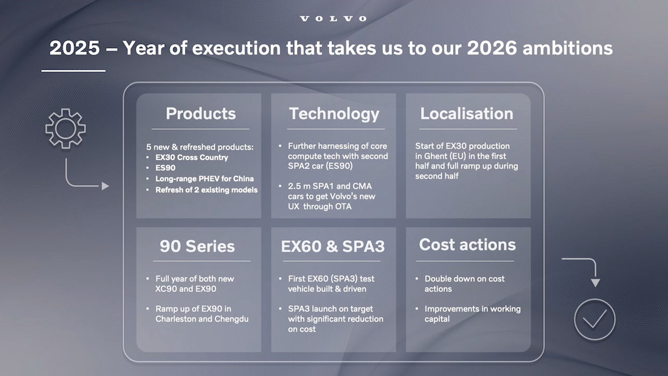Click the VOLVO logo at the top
[x=334, y=19]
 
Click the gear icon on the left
[x=65, y=128]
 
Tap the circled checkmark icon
[x=594, y=319]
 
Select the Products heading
[x=200, y=113]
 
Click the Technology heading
[x=334, y=113]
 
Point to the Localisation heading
[x=466, y=113]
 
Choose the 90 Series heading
[x=197, y=246]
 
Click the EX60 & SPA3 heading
[x=333, y=246]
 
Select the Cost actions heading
[x=467, y=244]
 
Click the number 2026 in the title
[x=492, y=48]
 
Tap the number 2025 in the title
[x=74, y=48]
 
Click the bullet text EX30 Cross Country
[x=191, y=157]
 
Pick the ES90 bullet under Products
[x=165, y=168]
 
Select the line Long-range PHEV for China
[x=204, y=179]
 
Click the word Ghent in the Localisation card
[x=436, y=156]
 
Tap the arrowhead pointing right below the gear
[x=105, y=186]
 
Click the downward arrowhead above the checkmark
[x=595, y=283]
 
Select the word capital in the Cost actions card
[x=437, y=319]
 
